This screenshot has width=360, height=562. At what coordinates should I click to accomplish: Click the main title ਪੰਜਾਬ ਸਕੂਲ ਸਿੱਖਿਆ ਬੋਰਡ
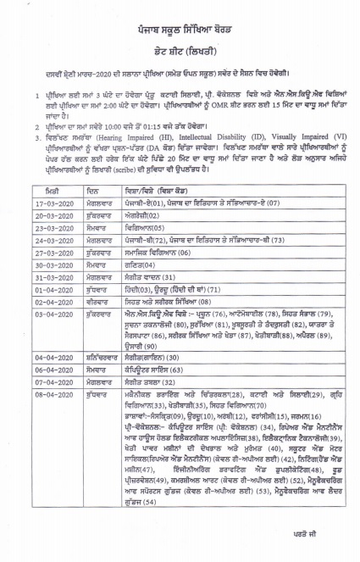tap(180, 28)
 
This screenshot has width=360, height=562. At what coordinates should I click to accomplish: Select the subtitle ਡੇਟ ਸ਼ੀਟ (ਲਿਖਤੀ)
tap(180, 51)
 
